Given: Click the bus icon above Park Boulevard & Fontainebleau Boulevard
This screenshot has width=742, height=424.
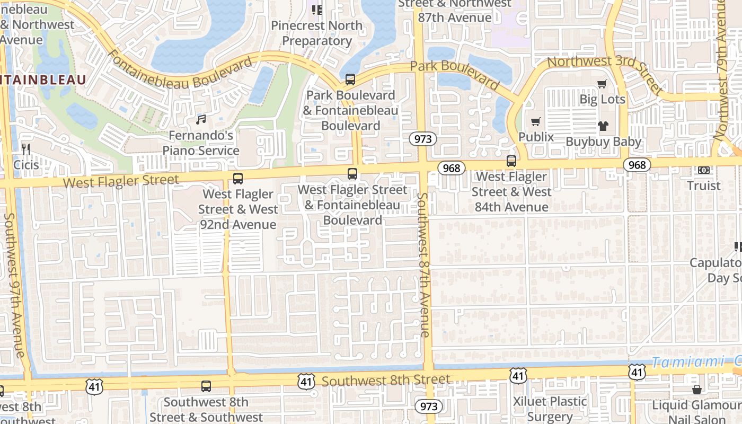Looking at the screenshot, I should click(x=350, y=79).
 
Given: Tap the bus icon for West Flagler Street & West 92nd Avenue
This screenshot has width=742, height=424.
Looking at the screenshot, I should click(x=238, y=179).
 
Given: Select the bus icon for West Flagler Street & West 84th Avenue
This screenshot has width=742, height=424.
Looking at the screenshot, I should click(x=511, y=161).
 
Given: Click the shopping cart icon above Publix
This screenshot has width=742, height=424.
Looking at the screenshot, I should click(x=536, y=121).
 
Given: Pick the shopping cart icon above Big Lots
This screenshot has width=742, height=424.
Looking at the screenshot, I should click(x=602, y=84).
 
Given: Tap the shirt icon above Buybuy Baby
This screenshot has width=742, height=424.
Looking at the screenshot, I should click(x=603, y=126).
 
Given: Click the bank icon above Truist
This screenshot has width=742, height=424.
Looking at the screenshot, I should click(x=704, y=170).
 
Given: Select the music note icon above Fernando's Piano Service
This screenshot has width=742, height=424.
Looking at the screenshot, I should click(x=201, y=120).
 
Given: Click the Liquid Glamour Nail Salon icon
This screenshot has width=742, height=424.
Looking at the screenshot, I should click(x=696, y=390).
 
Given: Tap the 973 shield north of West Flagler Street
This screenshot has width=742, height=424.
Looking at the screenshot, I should click(x=422, y=139).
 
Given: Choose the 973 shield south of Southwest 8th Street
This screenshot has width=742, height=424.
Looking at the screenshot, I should click(x=428, y=407).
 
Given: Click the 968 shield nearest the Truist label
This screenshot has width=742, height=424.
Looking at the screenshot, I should click(x=637, y=165).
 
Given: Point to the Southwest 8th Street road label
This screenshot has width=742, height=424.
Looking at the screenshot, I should click(x=386, y=381).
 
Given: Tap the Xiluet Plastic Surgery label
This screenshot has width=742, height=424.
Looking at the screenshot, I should click(x=550, y=409).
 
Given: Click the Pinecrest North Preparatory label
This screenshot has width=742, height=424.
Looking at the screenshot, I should click(x=317, y=33).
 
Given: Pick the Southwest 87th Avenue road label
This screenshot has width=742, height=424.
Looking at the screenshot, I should click(x=423, y=265).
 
